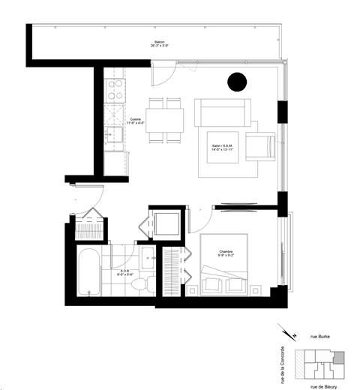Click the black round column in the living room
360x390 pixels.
238,81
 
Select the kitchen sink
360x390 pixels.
116,136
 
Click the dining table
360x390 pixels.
166,120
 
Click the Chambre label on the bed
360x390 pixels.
226,253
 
